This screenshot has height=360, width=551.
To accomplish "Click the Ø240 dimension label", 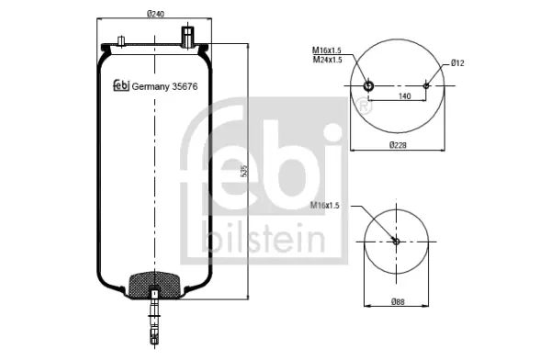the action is [x=155, y=14].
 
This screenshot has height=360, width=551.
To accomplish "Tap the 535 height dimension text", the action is [x=245, y=171].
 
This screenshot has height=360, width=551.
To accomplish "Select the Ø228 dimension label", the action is [x=398, y=145].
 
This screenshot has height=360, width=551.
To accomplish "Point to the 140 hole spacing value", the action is [x=404, y=96].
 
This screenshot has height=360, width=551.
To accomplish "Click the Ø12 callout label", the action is [x=457, y=63].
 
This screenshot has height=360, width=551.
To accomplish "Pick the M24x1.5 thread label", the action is [x=327, y=60].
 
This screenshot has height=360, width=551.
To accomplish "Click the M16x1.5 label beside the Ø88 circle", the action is [x=325, y=206].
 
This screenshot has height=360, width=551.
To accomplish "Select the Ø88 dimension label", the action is [x=398, y=301].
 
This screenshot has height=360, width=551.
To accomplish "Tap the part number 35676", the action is [x=185, y=86].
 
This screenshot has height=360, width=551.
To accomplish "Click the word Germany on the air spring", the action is [x=151, y=87].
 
